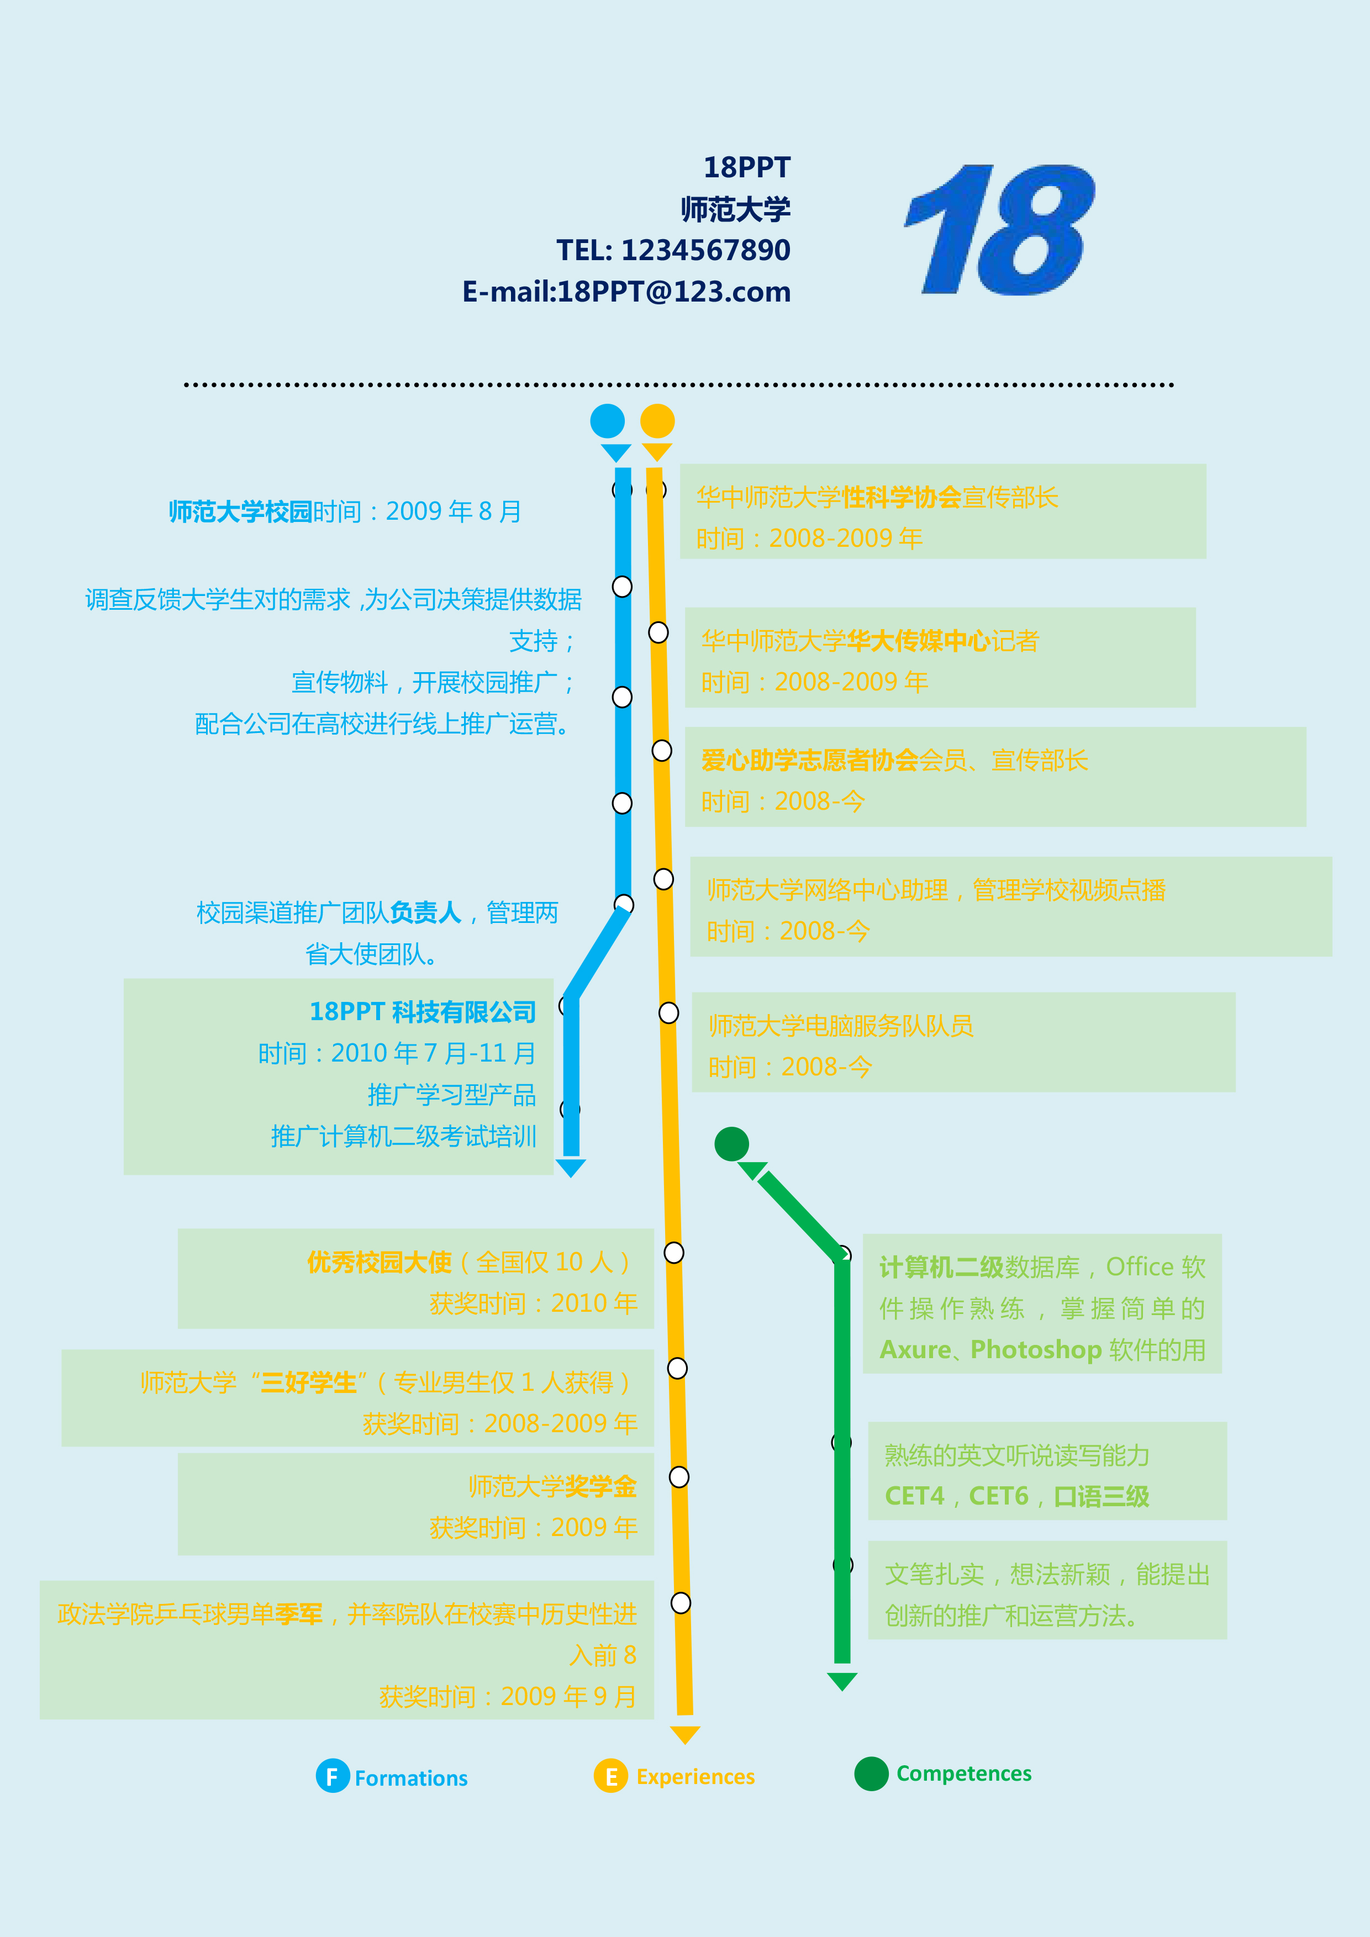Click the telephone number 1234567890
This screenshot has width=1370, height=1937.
[706, 251]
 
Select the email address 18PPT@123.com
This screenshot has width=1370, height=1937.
[674, 292]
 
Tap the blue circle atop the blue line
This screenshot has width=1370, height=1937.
[608, 421]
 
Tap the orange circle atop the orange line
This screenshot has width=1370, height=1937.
[657, 421]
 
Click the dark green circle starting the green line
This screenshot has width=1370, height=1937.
[731, 1144]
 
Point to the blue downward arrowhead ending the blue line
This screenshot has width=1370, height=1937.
[571, 1168]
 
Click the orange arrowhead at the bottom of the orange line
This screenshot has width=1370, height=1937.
[685, 1734]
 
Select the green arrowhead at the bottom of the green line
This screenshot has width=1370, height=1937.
[842, 1681]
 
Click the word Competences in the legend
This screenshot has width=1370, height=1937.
[963, 1774]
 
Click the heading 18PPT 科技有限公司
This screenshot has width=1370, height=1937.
[423, 1011]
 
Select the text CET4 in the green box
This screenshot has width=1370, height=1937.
[914, 1496]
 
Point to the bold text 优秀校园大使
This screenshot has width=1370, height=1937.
[380, 1262]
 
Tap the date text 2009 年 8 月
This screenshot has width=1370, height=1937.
[453, 511]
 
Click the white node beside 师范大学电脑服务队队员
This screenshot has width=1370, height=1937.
[668, 1012]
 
